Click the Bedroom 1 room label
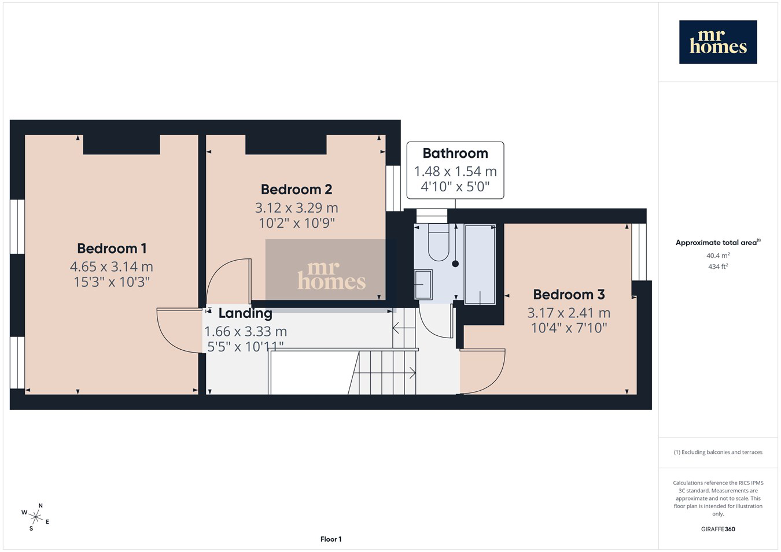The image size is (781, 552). click(x=112, y=249)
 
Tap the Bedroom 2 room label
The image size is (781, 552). click(x=296, y=190)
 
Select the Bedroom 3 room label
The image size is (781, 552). click(x=569, y=295)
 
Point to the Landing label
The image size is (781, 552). click(x=245, y=313)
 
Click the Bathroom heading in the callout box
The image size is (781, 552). click(x=455, y=153)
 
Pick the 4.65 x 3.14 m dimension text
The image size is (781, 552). click(x=112, y=267)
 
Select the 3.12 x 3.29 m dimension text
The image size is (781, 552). click(x=296, y=208)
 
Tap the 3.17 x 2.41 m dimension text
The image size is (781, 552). click(x=569, y=313)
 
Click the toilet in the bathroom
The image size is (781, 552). click(x=439, y=242)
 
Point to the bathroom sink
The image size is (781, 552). click(x=423, y=284)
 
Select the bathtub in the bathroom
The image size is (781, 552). click(x=480, y=264)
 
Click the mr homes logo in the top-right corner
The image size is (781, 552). click(x=718, y=42)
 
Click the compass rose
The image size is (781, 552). click(x=35, y=517)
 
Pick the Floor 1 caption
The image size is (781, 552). click(x=331, y=539)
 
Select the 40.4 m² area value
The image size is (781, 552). click(x=718, y=255)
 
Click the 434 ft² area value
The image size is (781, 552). click(x=718, y=266)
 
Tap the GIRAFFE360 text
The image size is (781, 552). click(x=718, y=529)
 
